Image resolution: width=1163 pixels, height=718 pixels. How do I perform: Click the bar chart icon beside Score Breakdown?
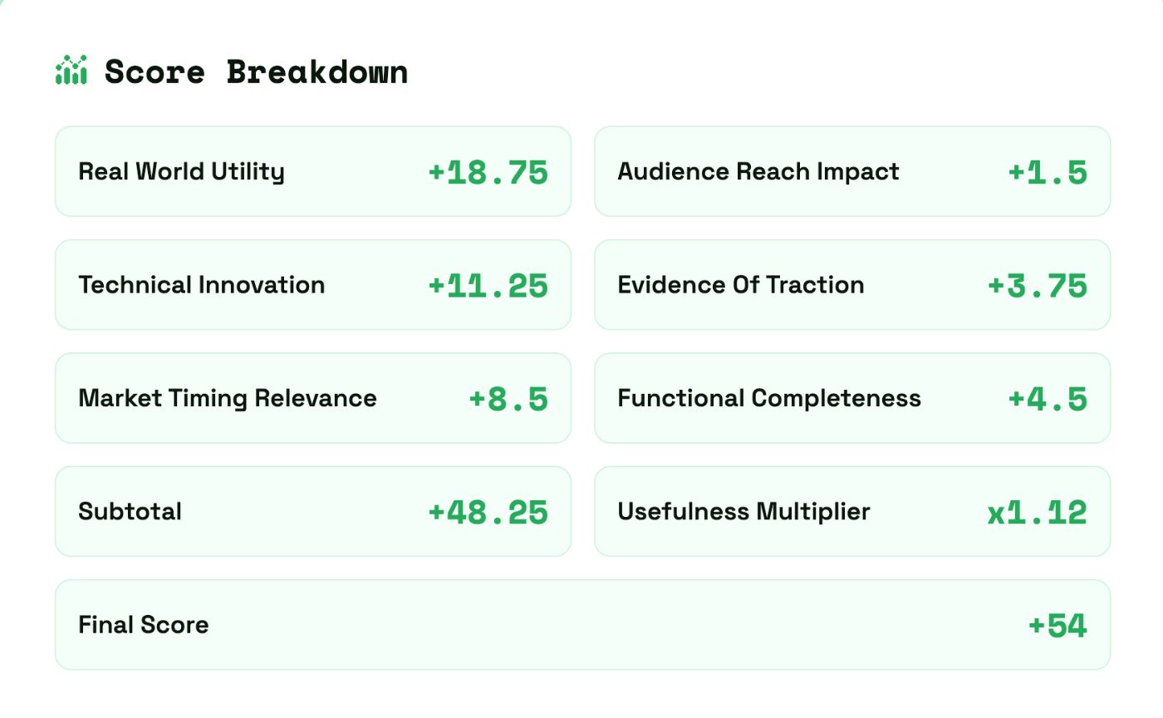coord(71,71)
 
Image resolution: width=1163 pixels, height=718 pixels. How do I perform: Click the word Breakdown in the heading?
coord(317,71)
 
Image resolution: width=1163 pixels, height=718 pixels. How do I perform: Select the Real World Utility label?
coord(181,172)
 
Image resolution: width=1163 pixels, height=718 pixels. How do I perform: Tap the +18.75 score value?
coord(488,172)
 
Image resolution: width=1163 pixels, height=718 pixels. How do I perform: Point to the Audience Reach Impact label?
coord(758,172)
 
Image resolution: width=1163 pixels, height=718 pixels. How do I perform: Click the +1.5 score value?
coord(1048,172)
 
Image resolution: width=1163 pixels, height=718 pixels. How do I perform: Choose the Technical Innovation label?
coord(201,285)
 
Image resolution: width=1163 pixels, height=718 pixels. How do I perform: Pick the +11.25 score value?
coord(488,285)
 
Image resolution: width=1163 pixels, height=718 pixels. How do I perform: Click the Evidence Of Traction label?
coord(740,285)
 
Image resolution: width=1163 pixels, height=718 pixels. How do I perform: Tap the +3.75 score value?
coord(1038,285)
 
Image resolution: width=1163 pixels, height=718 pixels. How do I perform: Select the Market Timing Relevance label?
coord(227,398)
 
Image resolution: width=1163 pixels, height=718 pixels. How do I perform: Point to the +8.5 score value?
coord(508,399)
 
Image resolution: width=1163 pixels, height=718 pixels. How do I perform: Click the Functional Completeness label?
coord(768,398)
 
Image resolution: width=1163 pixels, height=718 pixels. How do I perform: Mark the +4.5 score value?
coord(1048,399)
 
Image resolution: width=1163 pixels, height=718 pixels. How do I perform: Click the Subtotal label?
coord(130,511)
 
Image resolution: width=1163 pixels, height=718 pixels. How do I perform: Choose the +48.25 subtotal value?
coord(488,512)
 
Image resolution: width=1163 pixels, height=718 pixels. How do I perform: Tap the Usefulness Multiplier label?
coord(743,511)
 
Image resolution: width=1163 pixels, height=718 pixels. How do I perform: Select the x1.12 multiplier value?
coord(1037,512)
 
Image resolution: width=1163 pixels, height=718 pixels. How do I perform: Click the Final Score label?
coord(143,625)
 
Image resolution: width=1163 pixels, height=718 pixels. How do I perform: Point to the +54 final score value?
coord(1057,625)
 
